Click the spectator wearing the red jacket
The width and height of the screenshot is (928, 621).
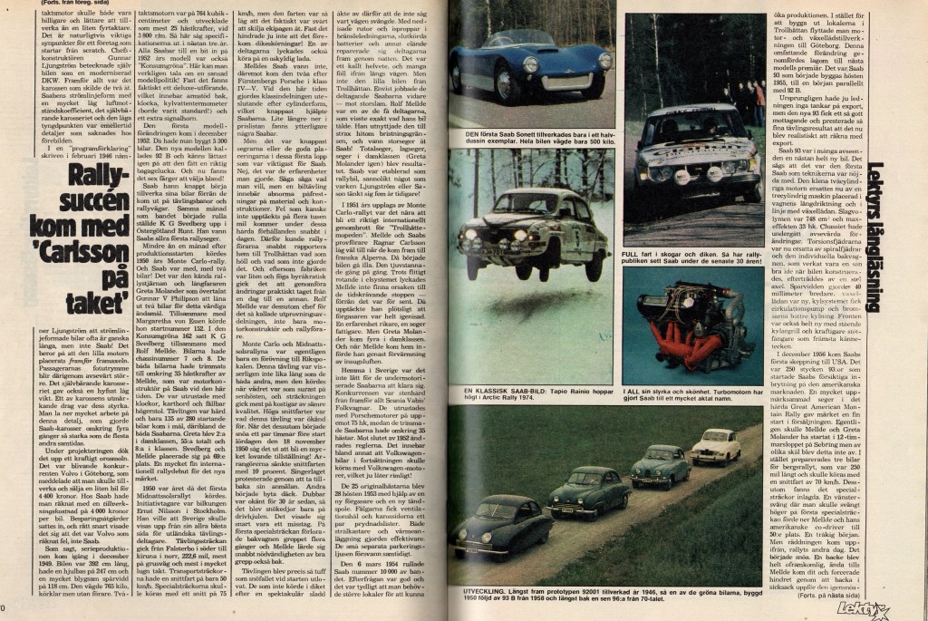point(759,101)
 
